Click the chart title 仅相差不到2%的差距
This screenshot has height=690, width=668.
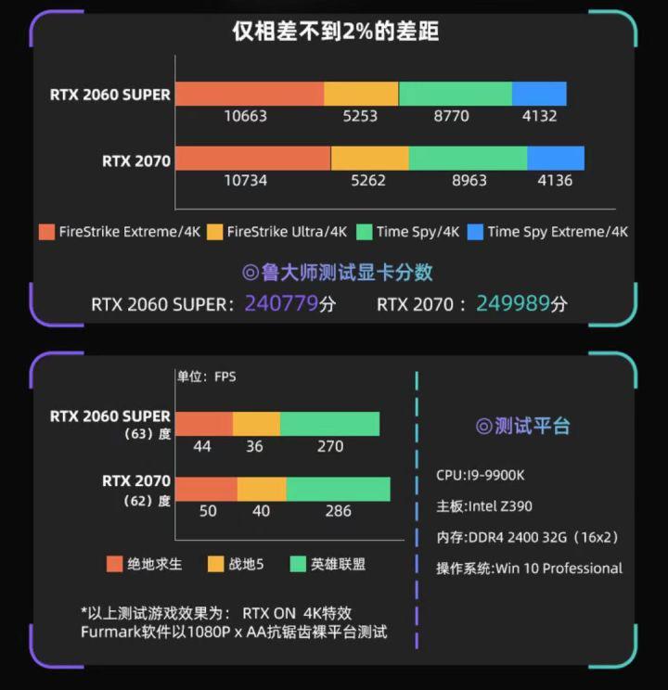335,32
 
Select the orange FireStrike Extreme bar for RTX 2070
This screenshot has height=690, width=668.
252,159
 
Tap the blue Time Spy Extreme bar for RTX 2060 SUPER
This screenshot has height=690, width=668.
538,94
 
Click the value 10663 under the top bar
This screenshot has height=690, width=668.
245,116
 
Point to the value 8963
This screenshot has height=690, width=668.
469,180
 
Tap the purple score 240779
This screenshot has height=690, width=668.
280,303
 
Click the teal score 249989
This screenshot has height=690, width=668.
512,303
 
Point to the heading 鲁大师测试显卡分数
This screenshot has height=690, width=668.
338,272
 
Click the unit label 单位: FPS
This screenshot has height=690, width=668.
207,377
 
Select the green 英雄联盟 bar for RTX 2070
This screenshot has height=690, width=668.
338,490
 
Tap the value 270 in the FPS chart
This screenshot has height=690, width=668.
330,446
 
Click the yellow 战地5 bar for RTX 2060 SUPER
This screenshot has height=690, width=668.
256,424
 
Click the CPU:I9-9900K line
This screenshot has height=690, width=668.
481,475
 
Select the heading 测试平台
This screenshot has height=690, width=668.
523,426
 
